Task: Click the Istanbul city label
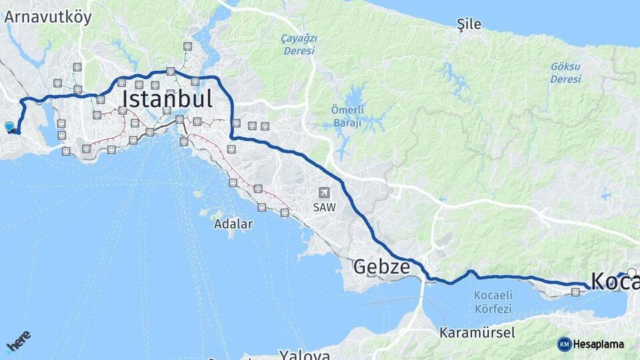click(167, 99)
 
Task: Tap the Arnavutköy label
click(48, 17)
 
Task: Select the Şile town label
click(469, 25)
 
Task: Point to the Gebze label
click(381, 267)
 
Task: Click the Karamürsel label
click(477, 332)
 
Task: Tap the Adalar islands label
click(233, 224)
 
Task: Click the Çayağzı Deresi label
click(299, 45)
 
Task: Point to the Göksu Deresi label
click(566, 73)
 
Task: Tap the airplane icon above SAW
click(325, 193)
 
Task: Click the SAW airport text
click(325, 207)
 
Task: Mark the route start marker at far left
click(9, 126)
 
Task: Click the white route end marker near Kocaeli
click(632, 272)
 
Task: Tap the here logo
click(19, 341)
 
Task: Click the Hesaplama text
click(599, 344)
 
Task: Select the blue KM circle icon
click(564, 344)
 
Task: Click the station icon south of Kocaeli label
click(575, 291)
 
